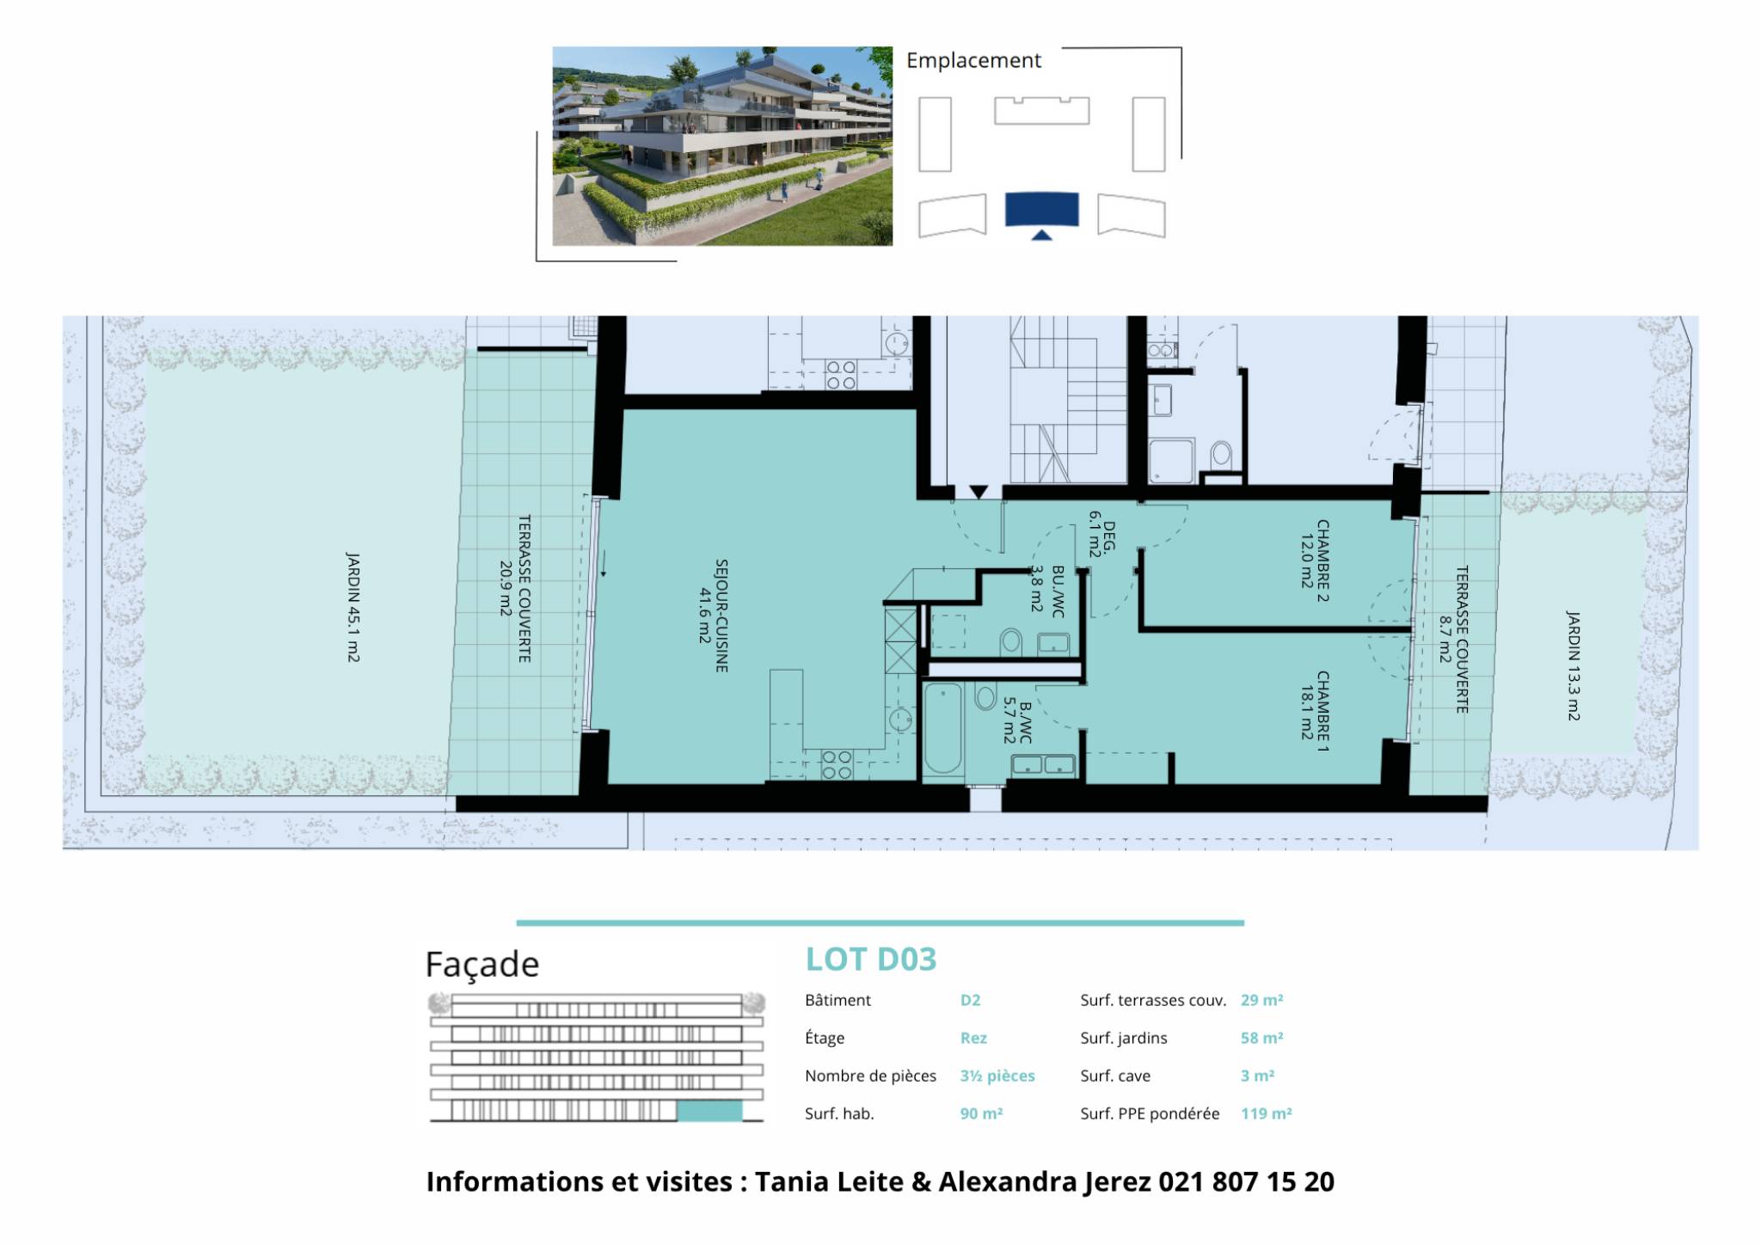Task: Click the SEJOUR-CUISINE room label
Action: [714, 616]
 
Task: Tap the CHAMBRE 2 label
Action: [1315, 561]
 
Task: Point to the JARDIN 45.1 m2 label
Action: [353, 607]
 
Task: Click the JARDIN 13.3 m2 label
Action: [1574, 665]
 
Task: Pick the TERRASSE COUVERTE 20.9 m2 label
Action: [515, 588]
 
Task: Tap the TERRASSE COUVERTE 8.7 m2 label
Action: [1452, 639]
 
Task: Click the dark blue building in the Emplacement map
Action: [1041, 210]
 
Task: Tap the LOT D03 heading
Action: [870, 959]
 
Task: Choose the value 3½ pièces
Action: [997, 1075]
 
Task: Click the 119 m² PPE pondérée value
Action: [1266, 1113]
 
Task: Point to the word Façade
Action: [482, 965]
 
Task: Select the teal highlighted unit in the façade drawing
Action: [709, 1111]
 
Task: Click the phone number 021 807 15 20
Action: [1246, 1182]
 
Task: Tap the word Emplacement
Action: [973, 60]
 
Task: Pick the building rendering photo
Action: [722, 146]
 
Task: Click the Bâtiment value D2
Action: [970, 1000]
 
